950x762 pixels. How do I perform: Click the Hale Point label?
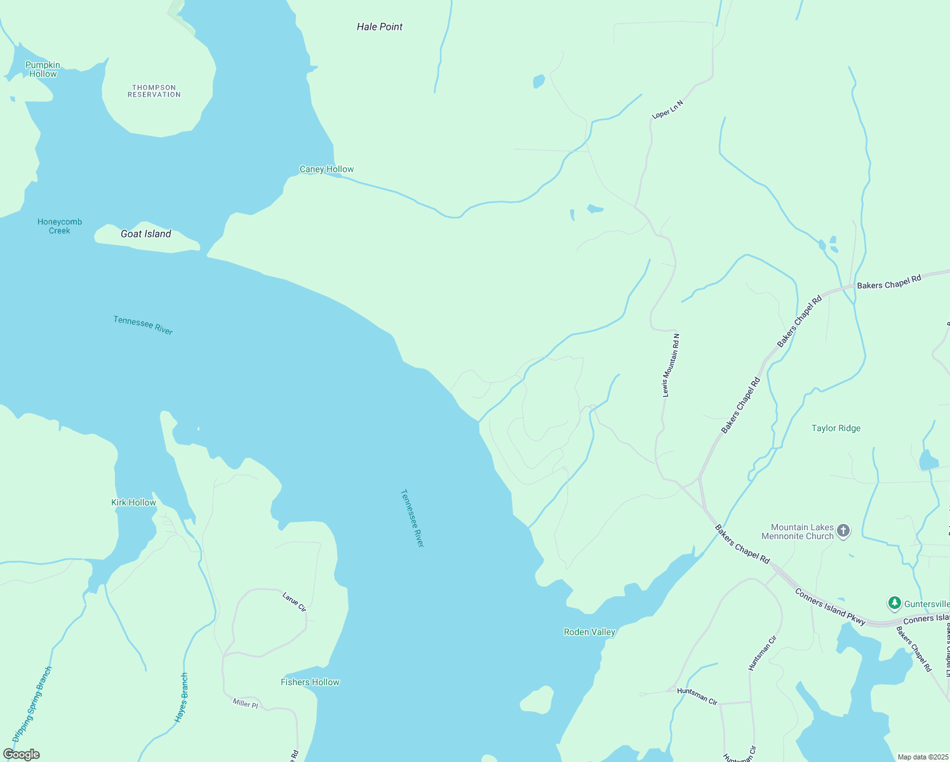380,27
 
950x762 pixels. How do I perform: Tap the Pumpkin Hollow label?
43,69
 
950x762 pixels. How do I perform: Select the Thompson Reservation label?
154,91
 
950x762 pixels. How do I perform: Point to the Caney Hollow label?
326,169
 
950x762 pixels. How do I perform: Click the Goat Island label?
146,234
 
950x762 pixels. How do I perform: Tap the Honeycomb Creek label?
60,226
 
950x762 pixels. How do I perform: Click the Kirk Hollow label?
133,502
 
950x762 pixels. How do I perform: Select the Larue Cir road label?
294,602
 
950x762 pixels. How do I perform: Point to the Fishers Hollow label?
310,682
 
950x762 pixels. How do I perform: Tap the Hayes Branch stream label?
182,697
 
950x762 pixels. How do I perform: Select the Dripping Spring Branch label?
32,704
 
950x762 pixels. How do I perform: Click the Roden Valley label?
589,632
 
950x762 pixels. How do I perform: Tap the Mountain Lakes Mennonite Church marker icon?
843,531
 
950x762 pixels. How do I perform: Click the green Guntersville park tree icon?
894,603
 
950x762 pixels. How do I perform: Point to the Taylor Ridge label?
836,428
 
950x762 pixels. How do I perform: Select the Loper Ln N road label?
667,109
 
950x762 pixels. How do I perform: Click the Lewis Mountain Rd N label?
671,365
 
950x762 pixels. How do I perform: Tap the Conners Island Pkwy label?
830,607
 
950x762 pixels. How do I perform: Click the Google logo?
22,754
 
